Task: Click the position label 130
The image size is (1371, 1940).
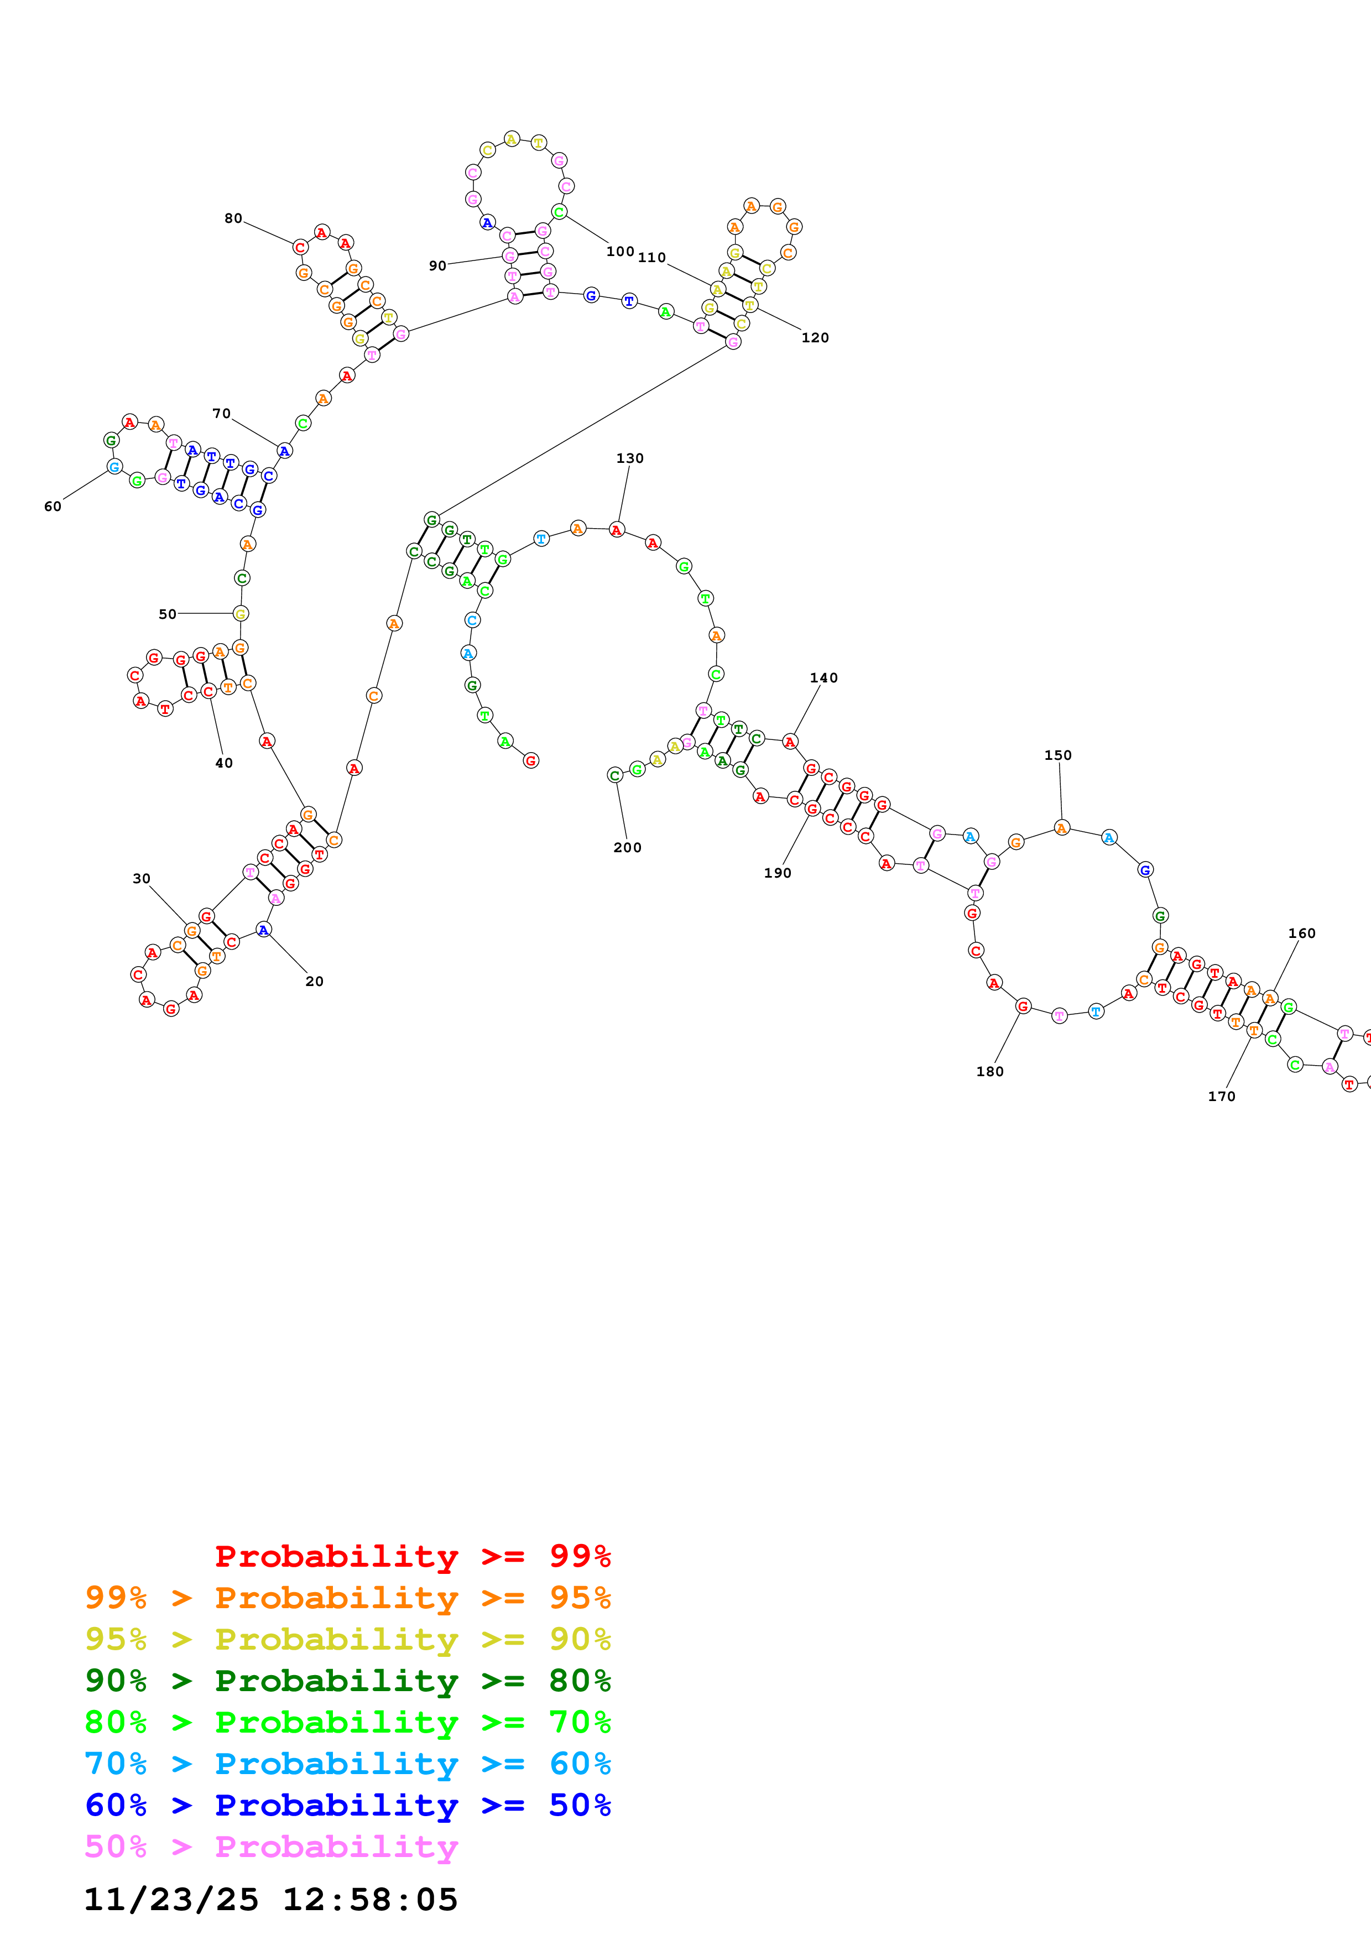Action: click(629, 458)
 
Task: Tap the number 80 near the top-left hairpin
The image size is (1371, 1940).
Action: click(233, 218)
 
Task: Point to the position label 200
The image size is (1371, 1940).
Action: click(627, 847)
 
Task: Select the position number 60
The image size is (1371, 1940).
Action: click(53, 506)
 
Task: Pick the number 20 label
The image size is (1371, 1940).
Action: click(314, 981)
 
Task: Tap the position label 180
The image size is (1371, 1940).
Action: click(989, 1071)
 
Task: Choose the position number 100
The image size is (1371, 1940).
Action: click(620, 251)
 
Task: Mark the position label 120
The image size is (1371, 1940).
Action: click(815, 338)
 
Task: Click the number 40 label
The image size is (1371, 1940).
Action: click(224, 763)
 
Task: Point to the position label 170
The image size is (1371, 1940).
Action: click(1222, 1096)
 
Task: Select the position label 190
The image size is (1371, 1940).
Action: click(777, 873)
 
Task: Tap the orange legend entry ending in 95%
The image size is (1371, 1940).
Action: click(347, 1597)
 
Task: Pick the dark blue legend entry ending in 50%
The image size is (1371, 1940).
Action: click(347, 1805)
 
